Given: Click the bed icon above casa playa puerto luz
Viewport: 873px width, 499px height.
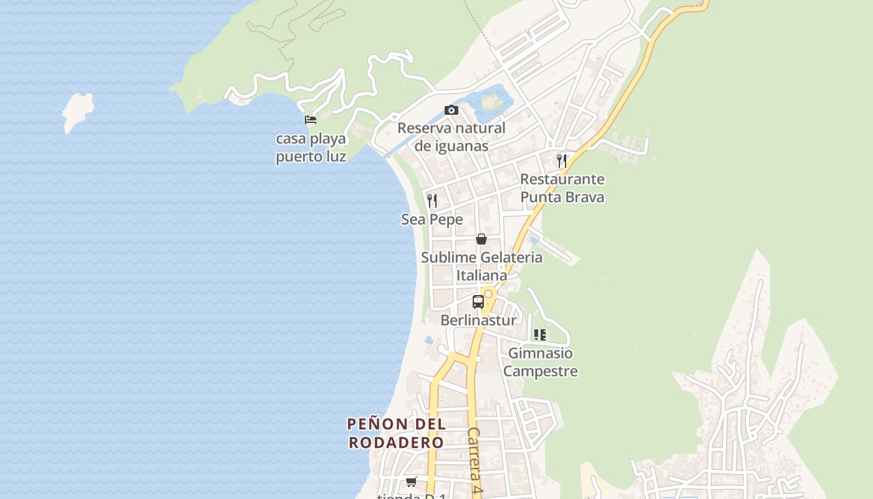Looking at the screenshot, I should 310,119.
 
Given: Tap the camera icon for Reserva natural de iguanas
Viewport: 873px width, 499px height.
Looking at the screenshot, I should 451,110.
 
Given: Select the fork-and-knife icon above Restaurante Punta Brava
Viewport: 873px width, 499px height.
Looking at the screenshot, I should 562,160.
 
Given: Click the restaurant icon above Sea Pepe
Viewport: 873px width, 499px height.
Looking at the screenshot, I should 432,201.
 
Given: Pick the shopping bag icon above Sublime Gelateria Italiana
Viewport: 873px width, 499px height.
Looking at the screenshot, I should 481,239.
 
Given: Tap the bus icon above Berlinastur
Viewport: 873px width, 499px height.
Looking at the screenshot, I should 478,302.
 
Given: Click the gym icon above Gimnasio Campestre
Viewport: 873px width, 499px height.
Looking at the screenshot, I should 540,335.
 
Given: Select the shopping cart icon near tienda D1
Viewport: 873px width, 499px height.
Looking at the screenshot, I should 411,482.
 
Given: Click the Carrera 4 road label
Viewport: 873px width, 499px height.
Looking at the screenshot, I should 475,462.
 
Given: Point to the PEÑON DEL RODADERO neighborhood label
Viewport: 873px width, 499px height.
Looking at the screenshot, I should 396,433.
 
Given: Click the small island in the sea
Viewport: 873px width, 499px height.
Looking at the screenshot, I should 77,112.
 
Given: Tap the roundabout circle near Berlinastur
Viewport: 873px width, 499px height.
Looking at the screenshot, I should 488,294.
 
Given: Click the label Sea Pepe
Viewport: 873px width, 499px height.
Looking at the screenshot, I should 432,220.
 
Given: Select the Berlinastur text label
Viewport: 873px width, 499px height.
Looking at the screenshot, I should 478,321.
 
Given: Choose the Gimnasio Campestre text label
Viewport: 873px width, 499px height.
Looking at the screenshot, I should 540,362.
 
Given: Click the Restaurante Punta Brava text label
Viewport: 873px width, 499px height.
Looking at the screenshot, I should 562,188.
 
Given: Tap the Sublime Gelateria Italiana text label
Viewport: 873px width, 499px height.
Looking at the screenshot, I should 481,266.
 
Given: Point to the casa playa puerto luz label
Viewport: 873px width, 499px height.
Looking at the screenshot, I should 311,147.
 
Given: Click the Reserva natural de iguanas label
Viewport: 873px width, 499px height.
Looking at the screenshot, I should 451,137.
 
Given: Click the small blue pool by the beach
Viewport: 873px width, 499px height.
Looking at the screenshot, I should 429,340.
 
